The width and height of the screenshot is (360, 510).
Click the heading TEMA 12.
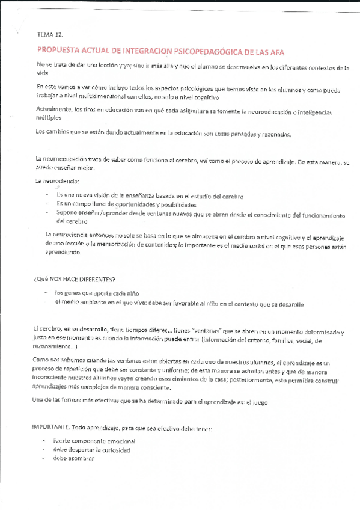(49, 35)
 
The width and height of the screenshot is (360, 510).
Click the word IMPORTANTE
(52, 428)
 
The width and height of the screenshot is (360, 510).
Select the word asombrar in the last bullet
(82, 459)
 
